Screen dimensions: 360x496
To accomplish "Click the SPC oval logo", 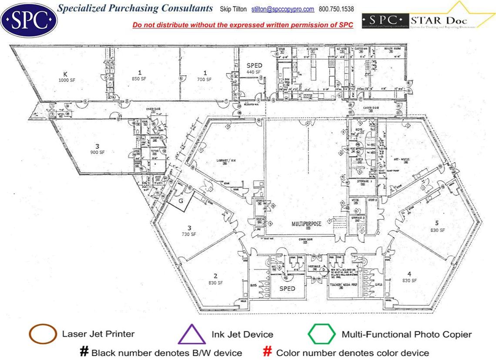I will (x=29, y=19).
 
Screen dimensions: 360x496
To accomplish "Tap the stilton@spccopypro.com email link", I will (x=283, y=9).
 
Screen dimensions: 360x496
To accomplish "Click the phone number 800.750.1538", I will (x=336, y=9).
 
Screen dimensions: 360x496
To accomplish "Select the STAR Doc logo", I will (x=429, y=19).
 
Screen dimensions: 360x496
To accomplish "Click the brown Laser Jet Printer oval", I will (x=42, y=334).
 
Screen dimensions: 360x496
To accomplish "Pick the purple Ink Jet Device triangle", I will (x=192, y=335).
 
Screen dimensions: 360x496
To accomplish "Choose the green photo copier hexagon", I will (x=322, y=335).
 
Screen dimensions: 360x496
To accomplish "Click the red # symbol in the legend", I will (x=268, y=352).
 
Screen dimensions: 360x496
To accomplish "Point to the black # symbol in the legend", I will (x=84, y=352).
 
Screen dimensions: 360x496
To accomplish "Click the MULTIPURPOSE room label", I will (x=307, y=224).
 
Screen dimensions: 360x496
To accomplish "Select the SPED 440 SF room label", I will (x=254, y=69).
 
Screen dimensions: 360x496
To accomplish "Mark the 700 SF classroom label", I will (x=204, y=76).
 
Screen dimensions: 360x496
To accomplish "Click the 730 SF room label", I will (x=189, y=231).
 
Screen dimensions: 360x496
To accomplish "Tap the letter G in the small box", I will (x=181, y=201).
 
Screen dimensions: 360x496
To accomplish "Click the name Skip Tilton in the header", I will (x=233, y=9).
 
